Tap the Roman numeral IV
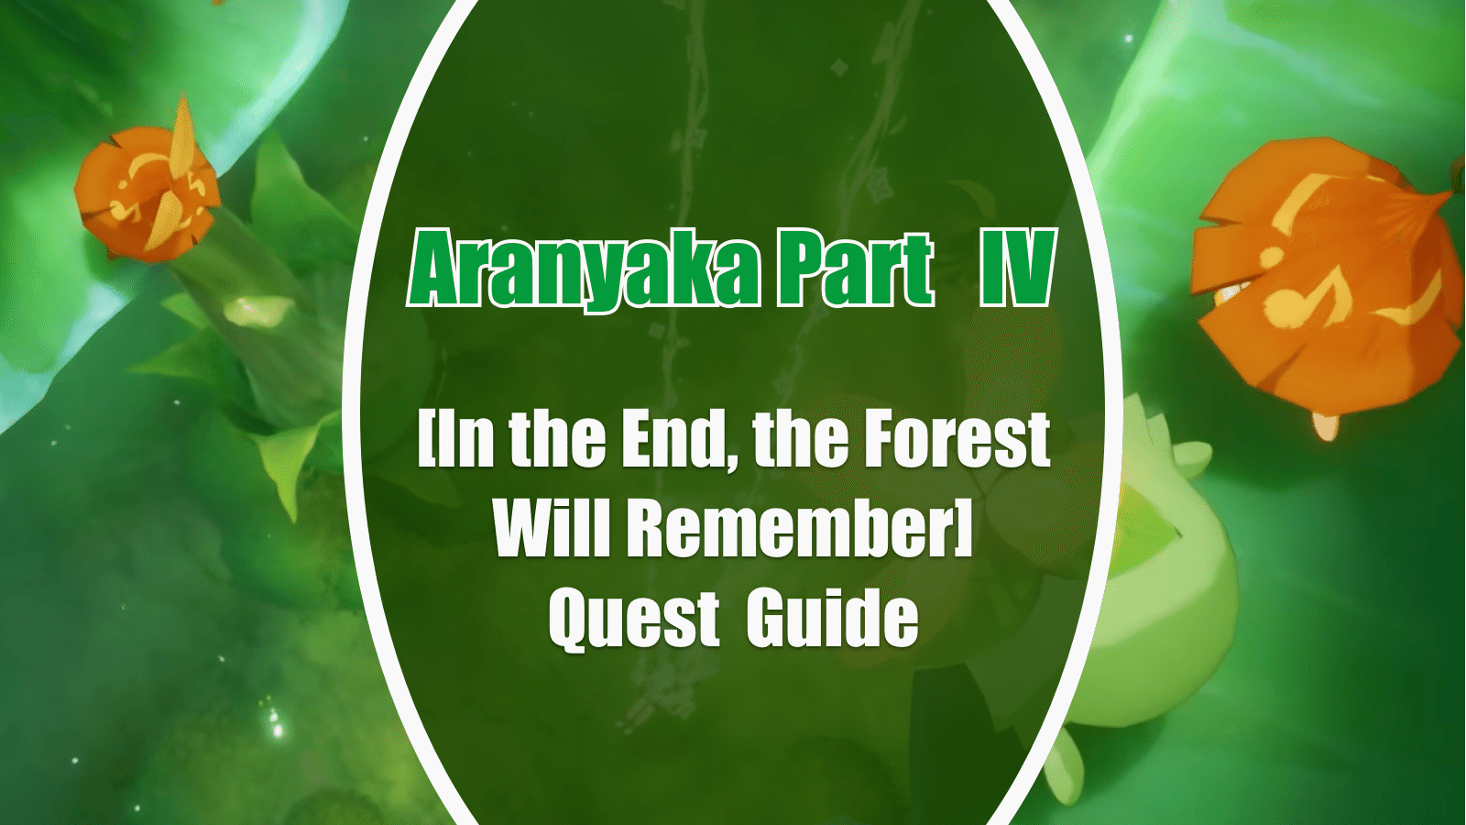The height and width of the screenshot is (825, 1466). (x=1014, y=271)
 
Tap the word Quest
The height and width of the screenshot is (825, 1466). (x=633, y=619)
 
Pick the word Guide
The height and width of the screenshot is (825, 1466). (x=831, y=619)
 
